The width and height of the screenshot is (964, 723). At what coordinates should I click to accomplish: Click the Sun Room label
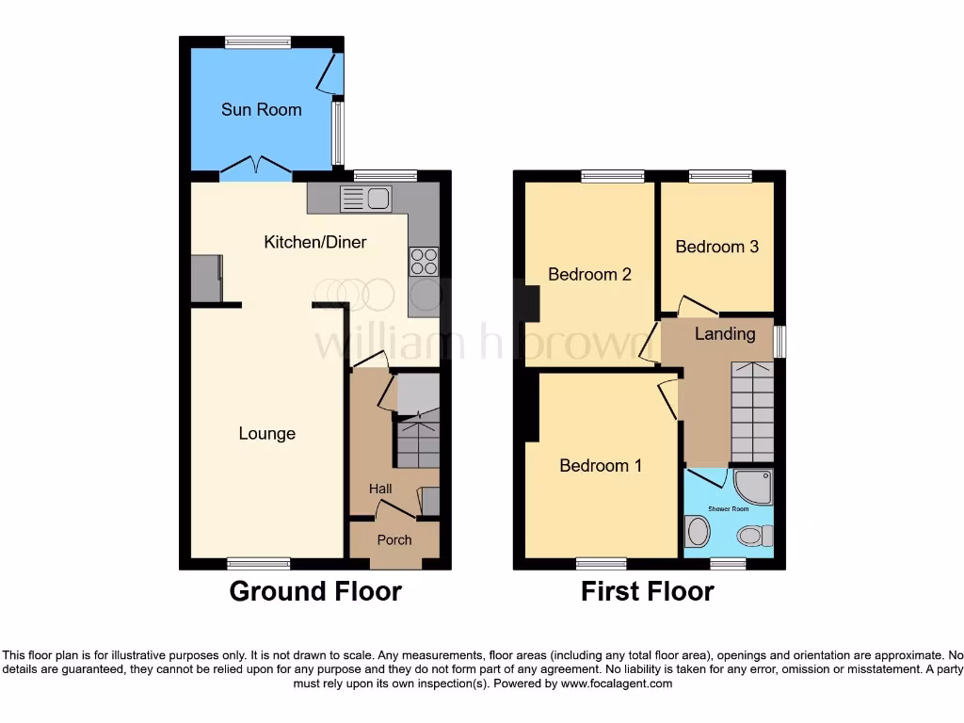click(x=261, y=109)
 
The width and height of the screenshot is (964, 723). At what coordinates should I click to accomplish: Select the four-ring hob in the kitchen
click(x=424, y=261)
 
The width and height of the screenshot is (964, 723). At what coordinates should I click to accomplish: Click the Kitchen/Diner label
click(x=314, y=242)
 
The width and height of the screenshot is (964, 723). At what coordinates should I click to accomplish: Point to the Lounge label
click(x=266, y=434)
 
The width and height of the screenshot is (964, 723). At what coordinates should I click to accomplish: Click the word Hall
click(x=380, y=489)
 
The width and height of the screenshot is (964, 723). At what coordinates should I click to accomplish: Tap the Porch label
click(x=394, y=540)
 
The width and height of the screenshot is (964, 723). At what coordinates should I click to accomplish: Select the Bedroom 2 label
click(x=589, y=275)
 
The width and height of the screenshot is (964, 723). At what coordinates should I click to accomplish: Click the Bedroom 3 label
click(x=716, y=247)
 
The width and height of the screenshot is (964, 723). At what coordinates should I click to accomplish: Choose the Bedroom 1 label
click(x=601, y=465)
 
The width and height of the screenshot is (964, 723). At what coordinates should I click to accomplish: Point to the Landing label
click(x=725, y=334)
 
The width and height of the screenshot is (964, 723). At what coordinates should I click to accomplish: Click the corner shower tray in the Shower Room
click(x=753, y=487)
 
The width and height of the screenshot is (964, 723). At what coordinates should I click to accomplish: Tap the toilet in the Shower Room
click(x=753, y=536)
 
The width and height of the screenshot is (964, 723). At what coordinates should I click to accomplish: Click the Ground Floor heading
click(x=315, y=591)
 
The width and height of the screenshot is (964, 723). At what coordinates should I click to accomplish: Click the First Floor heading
click(x=647, y=591)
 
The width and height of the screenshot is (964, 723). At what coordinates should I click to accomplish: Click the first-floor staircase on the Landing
click(x=751, y=412)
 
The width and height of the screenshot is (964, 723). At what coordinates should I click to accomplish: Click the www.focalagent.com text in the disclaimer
click(x=617, y=683)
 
